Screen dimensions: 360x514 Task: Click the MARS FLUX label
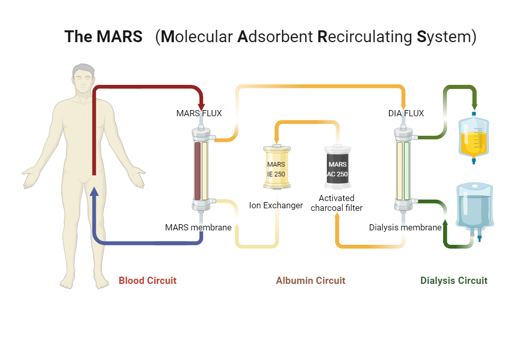(199, 113)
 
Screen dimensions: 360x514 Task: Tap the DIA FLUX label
(406, 113)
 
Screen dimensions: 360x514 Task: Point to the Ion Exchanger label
(276, 206)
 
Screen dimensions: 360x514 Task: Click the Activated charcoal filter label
(337, 203)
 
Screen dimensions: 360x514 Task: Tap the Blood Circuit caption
(148, 280)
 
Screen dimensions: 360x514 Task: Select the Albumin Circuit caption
(310, 280)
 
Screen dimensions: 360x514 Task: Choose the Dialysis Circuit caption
(454, 280)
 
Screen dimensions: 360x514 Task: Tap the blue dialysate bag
(476, 208)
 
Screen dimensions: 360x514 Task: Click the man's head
(83, 80)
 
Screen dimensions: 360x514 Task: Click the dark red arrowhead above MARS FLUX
(201, 106)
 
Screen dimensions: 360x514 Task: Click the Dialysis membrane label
(405, 227)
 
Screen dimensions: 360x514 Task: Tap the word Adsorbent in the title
(275, 37)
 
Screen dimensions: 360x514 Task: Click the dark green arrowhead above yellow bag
(474, 106)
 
